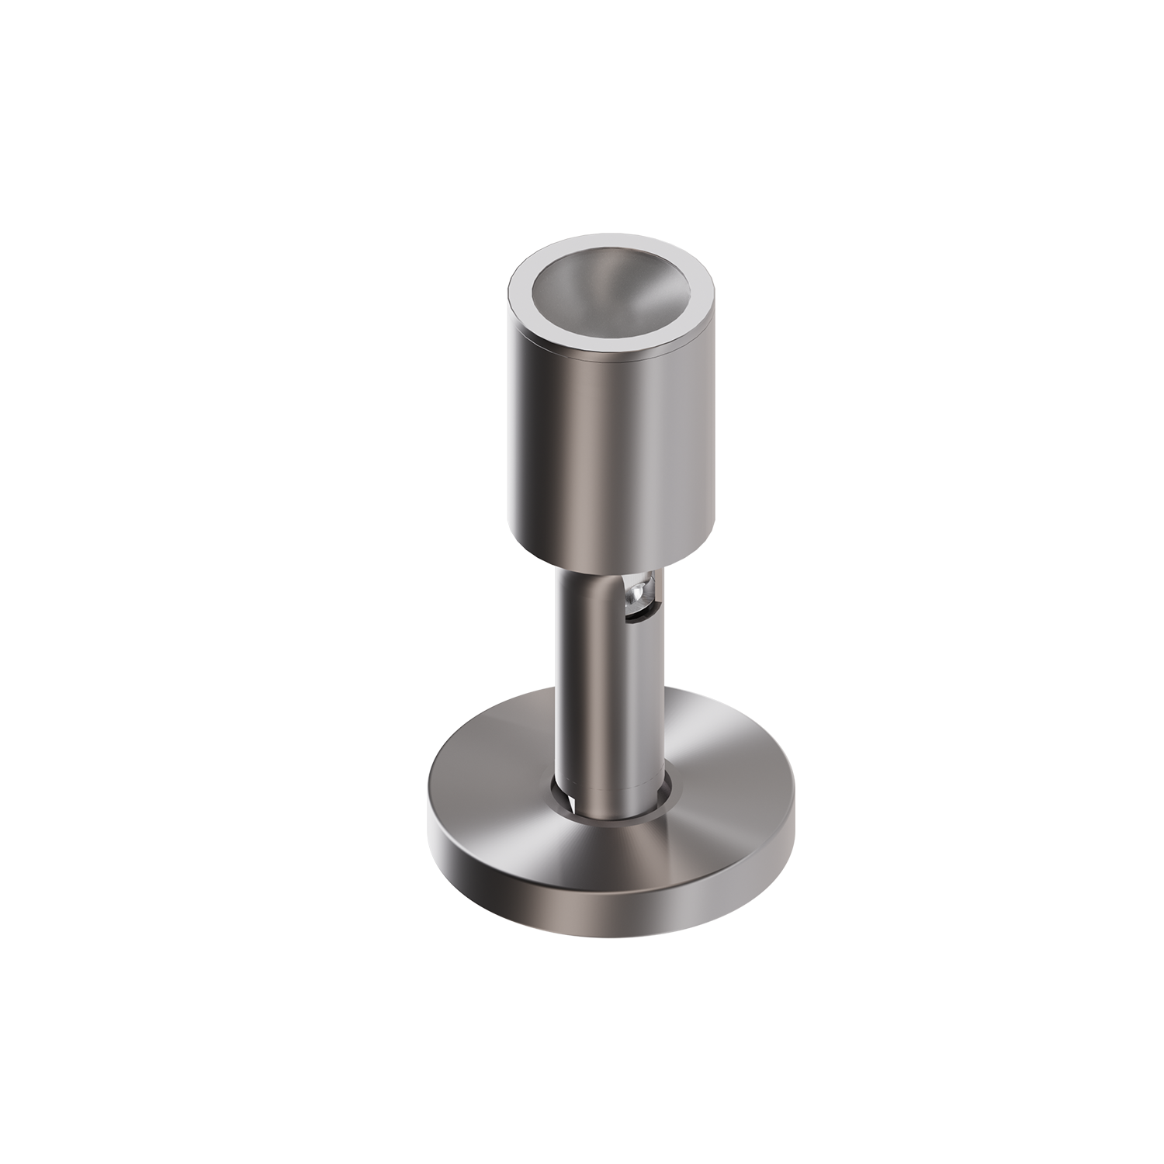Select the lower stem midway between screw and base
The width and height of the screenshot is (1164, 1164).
tap(613, 698)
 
